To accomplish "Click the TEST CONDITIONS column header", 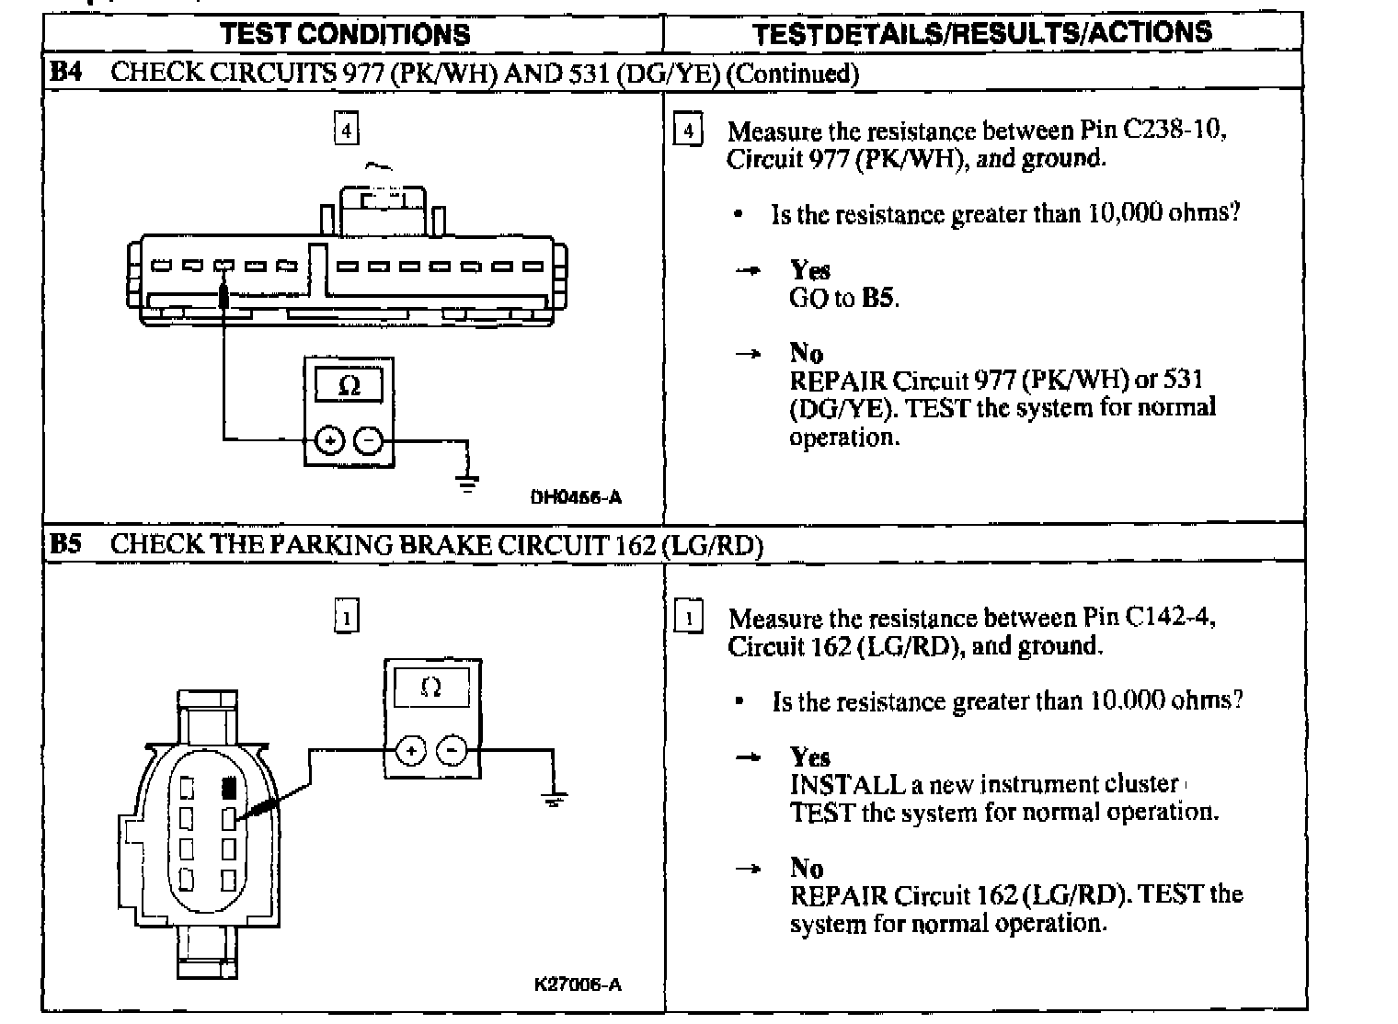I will coord(345,34).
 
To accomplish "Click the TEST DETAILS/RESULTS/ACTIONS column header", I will coord(981,34).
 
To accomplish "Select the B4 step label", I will coord(65,73).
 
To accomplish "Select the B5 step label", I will coord(65,544).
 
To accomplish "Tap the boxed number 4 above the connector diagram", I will coord(346,130).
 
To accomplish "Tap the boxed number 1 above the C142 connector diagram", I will coord(346,617).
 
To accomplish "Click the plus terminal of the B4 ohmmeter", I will coord(329,441).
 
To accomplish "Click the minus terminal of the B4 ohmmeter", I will coord(369,441).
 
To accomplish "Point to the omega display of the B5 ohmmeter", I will coord(430,687).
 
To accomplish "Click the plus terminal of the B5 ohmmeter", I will coord(410,751).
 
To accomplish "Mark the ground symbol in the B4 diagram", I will coord(468,483).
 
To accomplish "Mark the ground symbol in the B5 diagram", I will coord(554,799).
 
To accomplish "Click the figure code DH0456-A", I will coord(576,497).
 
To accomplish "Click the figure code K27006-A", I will coord(578,984).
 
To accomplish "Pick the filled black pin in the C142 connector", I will coord(230,788).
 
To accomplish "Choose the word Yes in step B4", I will coord(809,270).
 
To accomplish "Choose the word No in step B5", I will coord(806,868).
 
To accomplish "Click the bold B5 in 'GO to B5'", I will coord(878,298).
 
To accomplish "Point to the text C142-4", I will coord(1170,617).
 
